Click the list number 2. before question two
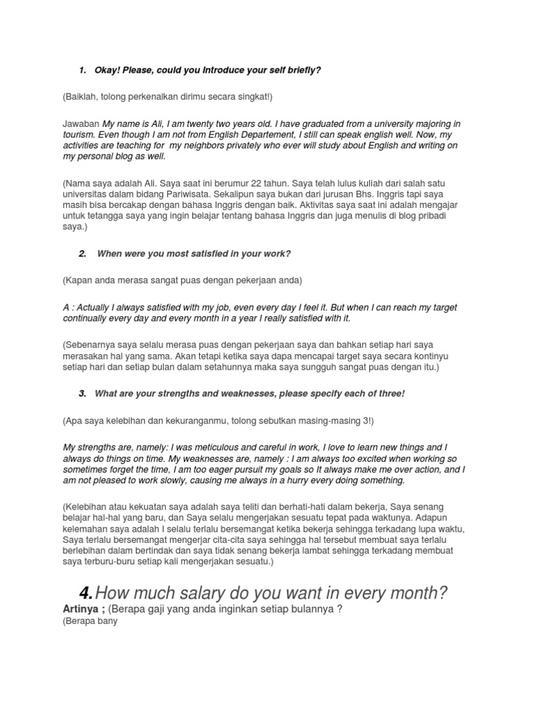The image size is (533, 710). [83, 254]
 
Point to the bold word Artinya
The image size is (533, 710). [82, 609]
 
